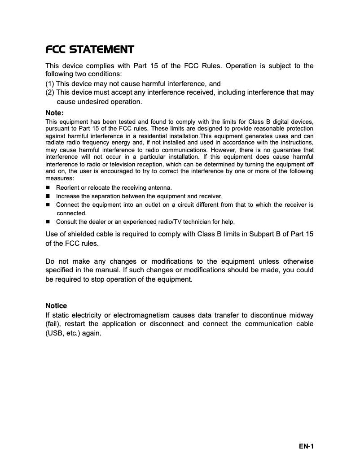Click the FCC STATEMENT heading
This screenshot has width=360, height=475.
tap(90, 49)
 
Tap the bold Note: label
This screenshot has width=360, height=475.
tap(55, 113)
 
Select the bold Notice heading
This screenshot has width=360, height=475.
tap(56, 306)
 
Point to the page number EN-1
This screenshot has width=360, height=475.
tap(306, 446)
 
